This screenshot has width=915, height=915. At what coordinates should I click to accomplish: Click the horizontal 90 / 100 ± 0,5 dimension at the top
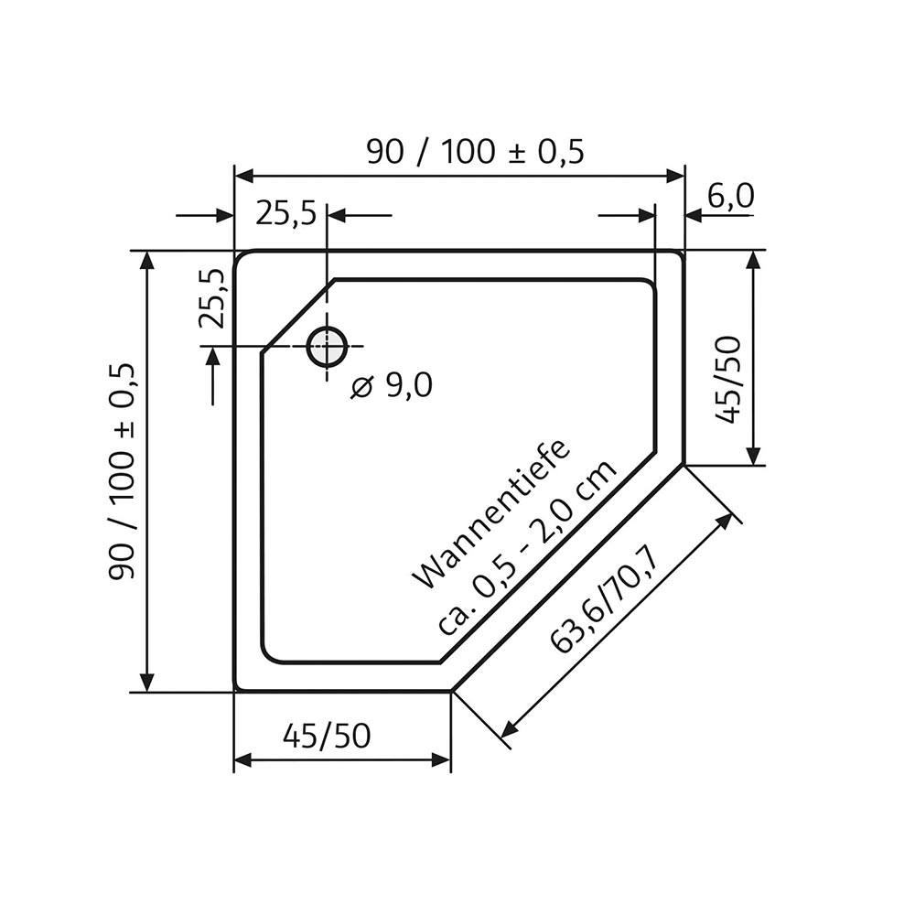click(x=474, y=151)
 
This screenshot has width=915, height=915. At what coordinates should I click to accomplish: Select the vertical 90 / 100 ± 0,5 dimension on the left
click(x=123, y=471)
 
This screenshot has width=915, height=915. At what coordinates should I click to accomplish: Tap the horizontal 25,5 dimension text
click(x=285, y=214)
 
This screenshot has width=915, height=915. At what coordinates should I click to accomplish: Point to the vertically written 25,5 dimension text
click(x=212, y=298)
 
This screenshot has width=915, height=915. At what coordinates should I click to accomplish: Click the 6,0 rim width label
click(x=730, y=195)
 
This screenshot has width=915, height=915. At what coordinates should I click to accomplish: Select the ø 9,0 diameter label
click(x=392, y=387)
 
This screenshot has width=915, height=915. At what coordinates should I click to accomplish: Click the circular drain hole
click(x=327, y=347)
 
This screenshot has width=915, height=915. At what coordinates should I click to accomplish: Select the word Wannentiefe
click(x=491, y=514)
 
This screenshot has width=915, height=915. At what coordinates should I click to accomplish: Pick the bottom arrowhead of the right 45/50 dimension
click(x=753, y=457)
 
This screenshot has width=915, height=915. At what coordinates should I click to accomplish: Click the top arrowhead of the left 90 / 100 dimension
click(x=146, y=259)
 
